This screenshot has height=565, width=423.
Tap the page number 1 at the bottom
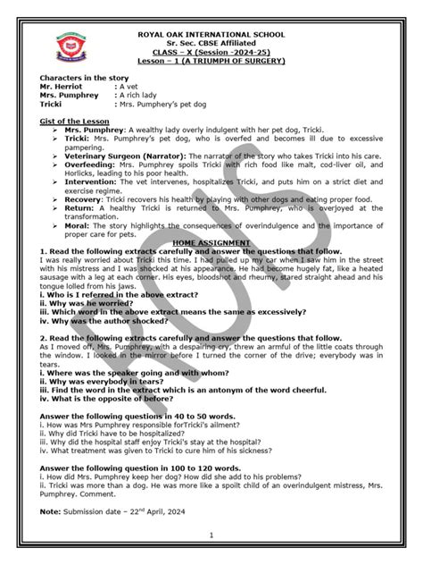tap(211, 535)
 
